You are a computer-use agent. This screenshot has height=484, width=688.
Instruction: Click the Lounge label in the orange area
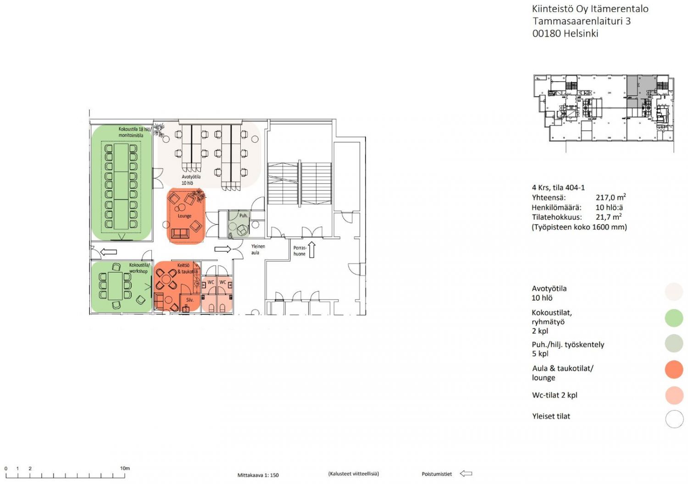tap(184, 216)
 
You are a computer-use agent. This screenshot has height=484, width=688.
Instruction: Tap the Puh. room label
tap(243, 216)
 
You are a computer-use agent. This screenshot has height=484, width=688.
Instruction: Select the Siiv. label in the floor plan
tap(190, 300)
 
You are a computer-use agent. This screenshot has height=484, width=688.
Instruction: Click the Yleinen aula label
tap(258, 249)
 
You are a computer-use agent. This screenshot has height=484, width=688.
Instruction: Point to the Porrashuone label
tap(300, 251)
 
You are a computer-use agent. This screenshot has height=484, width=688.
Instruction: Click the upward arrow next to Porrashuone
tap(312, 249)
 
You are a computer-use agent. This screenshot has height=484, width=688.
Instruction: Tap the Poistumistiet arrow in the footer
tap(466, 473)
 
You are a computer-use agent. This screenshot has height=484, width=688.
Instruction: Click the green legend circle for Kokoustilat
tap(674, 318)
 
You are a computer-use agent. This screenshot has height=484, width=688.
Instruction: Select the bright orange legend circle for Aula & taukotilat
tap(674, 369)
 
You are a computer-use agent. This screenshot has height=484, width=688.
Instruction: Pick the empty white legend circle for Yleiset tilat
tap(675, 419)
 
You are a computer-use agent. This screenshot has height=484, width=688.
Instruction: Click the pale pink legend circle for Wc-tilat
tap(675, 395)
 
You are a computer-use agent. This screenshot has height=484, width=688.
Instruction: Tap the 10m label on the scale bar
tap(125, 468)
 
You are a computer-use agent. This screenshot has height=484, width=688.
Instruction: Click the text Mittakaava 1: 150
tap(258, 475)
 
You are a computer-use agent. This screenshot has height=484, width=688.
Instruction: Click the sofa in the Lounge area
tap(180, 234)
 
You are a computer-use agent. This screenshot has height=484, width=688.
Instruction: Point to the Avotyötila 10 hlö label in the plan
tap(191, 180)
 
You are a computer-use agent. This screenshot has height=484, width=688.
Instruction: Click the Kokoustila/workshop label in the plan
tap(139, 268)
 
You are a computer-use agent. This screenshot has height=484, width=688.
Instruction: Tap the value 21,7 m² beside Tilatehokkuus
tap(609, 217)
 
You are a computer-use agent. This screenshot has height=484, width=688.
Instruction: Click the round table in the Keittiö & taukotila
tap(166, 279)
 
